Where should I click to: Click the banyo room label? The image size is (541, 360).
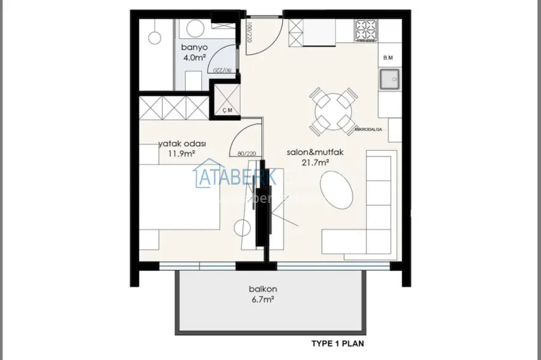194,47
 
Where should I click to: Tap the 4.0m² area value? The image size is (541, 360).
194,57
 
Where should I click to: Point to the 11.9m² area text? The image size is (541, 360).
181,154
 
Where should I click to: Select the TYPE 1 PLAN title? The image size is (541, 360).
337,344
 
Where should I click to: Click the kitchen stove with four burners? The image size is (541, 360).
367,29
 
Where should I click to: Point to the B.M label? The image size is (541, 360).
388,58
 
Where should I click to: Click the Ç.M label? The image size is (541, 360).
227,110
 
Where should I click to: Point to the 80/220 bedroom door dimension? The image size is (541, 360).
246,153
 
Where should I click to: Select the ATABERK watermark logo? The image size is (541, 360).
235,177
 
